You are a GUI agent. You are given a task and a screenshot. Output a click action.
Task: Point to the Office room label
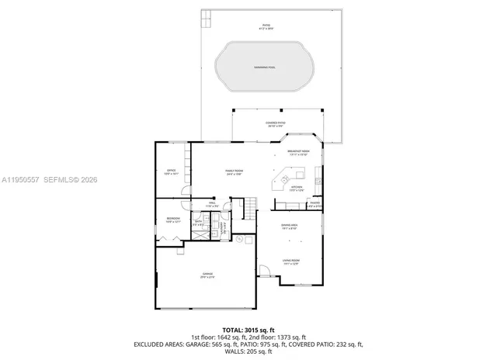[x=172, y=171]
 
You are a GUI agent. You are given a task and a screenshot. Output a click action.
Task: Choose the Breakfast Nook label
[x=298, y=153]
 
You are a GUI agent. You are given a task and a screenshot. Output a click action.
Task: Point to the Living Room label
[x=290, y=262]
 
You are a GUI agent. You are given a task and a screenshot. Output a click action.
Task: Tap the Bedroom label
[x=172, y=220]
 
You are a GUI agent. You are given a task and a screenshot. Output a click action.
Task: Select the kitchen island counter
[x=276, y=184]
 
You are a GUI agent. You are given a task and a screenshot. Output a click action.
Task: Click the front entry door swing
[x=265, y=273]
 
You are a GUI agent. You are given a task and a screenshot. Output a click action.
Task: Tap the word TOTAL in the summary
[x=233, y=330]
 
